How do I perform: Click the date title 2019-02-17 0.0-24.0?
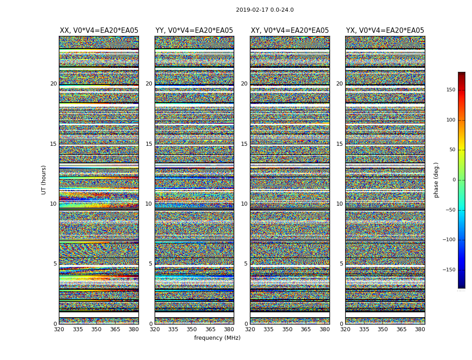click(x=265, y=10)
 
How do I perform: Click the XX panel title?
click(x=99, y=31)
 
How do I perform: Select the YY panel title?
click(x=194, y=31)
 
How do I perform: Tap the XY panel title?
click(x=289, y=31)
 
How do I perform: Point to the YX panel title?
click(x=385, y=31)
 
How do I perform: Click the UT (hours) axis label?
click(x=44, y=180)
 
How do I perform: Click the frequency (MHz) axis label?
click(x=217, y=338)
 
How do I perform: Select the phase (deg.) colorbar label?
click(x=436, y=180)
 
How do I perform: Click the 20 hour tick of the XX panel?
click(x=53, y=84)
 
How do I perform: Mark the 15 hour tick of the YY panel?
click(x=149, y=144)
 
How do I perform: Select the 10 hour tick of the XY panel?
click(x=244, y=204)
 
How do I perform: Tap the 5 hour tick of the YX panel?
click(x=341, y=264)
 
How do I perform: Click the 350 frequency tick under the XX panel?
click(x=97, y=329)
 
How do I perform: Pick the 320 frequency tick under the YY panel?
click(x=155, y=329)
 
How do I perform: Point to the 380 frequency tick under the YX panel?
click(x=419, y=329)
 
